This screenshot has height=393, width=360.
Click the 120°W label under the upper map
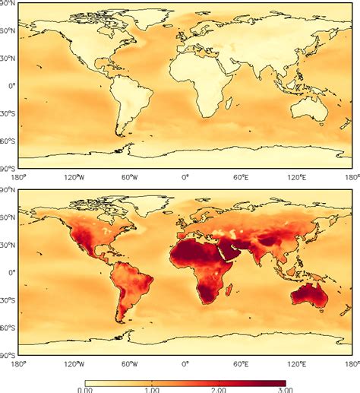pyautogui.click(x=74, y=176)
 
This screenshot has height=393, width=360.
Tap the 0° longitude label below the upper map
pyautogui.click(x=185, y=176)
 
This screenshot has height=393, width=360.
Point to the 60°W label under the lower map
pyautogui.click(x=130, y=363)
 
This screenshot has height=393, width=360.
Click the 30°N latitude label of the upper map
pyautogui.click(x=8, y=59)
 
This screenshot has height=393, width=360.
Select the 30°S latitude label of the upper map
pyautogui.click(x=8, y=113)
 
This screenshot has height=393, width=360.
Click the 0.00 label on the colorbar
pyautogui.click(x=85, y=388)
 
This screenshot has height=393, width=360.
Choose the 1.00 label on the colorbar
pyautogui.click(x=152, y=388)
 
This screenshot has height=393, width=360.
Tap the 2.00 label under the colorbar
pyautogui.click(x=219, y=388)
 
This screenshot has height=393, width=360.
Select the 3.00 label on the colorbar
pyautogui.click(x=286, y=388)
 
